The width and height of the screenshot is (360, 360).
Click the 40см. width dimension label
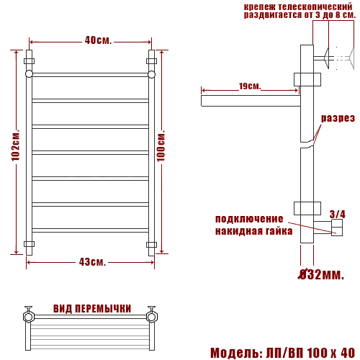point(98,40)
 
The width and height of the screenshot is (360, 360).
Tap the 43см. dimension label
point(92,262)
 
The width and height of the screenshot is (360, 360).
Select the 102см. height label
point(16,146)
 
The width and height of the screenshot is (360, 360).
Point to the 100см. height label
point(161,146)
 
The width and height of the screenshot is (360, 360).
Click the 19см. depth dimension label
point(250,86)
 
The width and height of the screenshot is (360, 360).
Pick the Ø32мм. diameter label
point(320,274)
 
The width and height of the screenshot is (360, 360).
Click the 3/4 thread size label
point(338,214)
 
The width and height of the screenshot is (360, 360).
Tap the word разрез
point(338,118)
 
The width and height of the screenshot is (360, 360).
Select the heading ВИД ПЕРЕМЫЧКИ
point(92,309)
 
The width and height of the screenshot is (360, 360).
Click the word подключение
point(249,219)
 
